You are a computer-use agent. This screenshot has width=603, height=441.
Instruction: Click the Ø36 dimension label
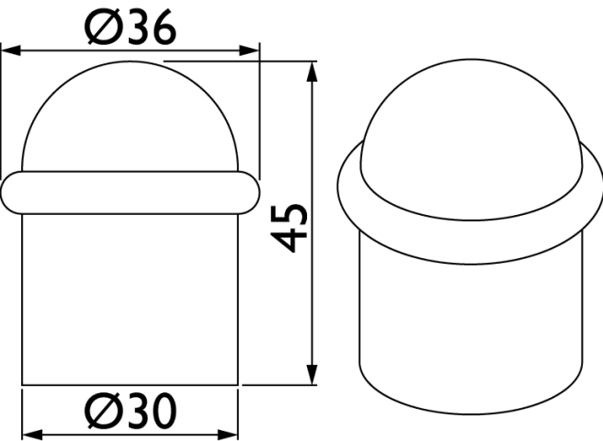[x=131, y=27]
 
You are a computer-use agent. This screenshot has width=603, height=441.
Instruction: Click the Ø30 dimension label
[x=131, y=411]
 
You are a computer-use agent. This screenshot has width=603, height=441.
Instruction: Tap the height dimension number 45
[x=290, y=229]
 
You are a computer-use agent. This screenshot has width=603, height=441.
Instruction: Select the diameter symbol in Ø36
[x=103, y=27]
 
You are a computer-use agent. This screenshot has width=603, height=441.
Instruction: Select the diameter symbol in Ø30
[x=103, y=411]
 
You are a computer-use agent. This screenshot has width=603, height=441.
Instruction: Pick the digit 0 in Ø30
[x=164, y=411]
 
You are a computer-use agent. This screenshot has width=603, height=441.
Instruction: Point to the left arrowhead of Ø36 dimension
[x=11, y=51]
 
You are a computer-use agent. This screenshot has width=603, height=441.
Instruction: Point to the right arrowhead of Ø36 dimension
[x=249, y=51]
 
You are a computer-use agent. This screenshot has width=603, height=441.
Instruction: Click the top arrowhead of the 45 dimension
[x=313, y=72]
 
